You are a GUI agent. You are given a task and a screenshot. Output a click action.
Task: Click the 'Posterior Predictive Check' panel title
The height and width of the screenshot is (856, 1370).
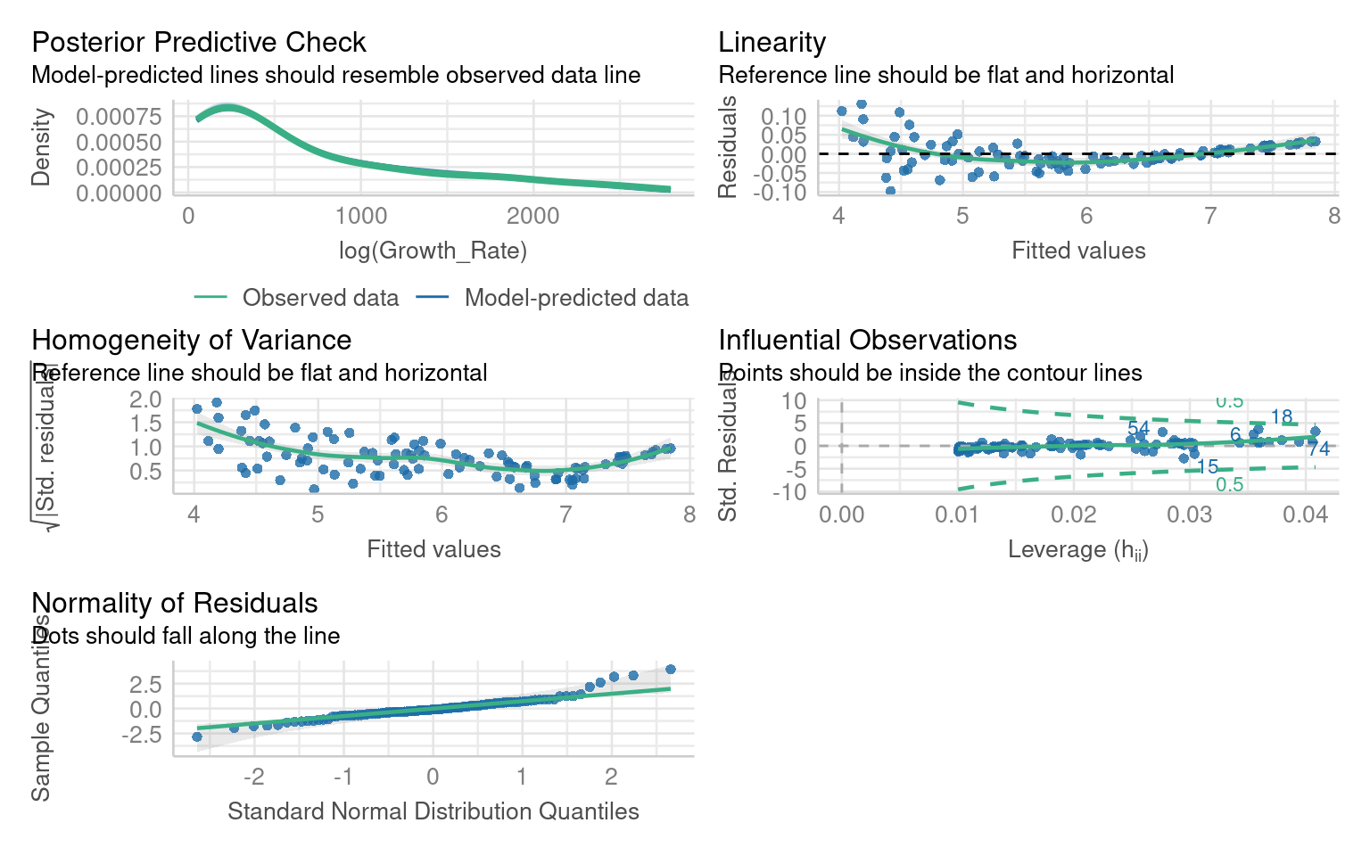tap(198, 42)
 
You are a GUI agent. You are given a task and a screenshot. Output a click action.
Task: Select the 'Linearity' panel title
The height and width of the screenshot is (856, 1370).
tap(772, 42)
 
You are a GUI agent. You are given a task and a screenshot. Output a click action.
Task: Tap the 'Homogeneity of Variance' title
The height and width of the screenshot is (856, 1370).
tap(191, 340)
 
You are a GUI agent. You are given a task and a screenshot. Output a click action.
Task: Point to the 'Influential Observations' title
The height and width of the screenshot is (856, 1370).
tap(867, 340)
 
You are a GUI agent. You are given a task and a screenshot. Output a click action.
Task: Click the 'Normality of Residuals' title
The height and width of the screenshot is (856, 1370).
tap(174, 603)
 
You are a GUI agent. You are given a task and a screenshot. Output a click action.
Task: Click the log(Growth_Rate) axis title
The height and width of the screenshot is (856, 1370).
tap(433, 251)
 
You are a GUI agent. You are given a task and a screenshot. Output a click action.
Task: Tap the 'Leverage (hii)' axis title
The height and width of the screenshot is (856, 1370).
tap(1077, 549)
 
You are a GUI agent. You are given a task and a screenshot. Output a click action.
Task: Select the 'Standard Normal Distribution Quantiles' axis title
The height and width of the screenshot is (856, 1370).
tap(433, 811)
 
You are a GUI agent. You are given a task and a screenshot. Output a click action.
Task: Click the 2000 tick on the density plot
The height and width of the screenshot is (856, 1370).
tap(532, 216)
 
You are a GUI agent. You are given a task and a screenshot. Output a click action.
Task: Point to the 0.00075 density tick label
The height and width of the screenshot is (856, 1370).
tap(119, 117)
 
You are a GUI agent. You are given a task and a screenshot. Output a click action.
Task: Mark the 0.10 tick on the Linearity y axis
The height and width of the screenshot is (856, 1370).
tap(783, 116)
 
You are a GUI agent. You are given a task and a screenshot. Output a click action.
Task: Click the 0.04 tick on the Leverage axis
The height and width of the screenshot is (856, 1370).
tap(1305, 514)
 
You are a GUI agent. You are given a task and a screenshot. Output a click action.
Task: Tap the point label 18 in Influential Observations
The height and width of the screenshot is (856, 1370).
tap(1282, 417)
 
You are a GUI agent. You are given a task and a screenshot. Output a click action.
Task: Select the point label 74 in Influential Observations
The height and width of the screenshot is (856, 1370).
tap(1318, 449)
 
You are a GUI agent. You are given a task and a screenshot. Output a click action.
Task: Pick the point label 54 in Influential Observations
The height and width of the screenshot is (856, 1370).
tap(1138, 428)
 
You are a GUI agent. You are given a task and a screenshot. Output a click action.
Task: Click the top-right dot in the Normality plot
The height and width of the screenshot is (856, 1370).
tap(671, 670)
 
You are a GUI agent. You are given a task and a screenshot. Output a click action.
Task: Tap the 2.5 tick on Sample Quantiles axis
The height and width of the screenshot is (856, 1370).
tap(145, 685)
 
